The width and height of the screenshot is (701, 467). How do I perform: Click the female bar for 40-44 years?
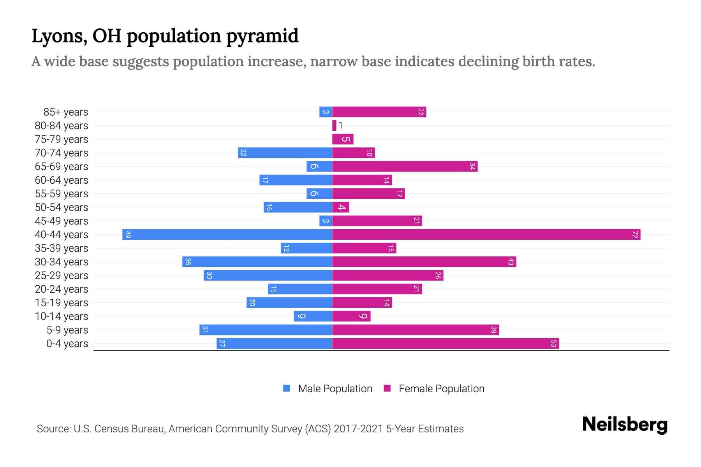[486, 235]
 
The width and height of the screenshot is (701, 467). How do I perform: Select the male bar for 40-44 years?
[227, 235]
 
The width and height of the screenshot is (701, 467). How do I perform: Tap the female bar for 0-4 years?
[445, 344]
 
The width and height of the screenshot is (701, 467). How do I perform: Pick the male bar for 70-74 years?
[285, 153]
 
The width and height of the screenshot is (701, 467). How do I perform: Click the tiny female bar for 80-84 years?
[334, 126]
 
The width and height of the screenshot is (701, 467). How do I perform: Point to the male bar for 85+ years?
[326, 112]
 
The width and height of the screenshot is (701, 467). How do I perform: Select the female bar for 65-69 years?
[405, 167]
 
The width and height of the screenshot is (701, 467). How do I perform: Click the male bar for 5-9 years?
[266, 330]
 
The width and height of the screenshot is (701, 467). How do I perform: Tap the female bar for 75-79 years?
[343, 139]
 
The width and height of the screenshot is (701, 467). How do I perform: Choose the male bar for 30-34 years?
[257, 262]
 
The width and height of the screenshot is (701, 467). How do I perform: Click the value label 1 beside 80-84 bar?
[341, 125]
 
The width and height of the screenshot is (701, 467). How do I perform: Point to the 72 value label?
[635, 235]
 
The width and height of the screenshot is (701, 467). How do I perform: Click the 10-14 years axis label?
[62, 316]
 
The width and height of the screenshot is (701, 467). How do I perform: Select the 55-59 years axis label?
[62, 194]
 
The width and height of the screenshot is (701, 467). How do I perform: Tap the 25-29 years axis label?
[62, 276]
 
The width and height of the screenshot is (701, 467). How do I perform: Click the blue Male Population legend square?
[287, 388]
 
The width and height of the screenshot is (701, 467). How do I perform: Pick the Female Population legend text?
[441, 389]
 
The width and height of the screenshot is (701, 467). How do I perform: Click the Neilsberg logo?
[625, 425]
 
